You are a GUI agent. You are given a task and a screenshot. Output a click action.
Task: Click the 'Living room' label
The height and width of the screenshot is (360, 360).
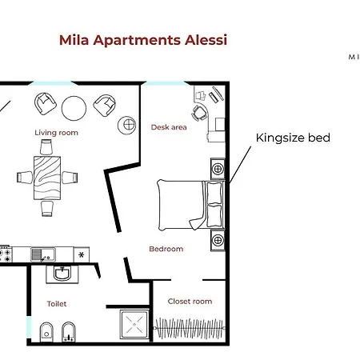pyautogui.click(x=56, y=133)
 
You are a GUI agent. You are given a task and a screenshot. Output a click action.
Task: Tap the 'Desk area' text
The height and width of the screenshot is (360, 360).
pyautogui.click(x=169, y=127)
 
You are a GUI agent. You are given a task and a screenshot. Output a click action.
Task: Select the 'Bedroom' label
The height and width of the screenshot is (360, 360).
pyautogui.click(x=166, y=249)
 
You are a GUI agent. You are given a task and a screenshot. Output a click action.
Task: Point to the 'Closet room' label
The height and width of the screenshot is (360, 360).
pyautogui.click(x=190, y=302)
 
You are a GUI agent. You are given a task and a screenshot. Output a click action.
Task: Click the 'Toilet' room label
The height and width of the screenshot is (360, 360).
pyautogui.click(x=57, y=304)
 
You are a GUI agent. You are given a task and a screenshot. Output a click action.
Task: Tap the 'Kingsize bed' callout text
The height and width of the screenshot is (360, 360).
pyautogui.click(x=293, y=138)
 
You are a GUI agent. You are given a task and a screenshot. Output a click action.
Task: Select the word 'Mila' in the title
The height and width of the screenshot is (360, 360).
pyautogui.click(x=75, y=40)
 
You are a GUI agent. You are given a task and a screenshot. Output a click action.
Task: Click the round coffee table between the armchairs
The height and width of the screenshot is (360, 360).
pyautogui.click(x=74, y=106)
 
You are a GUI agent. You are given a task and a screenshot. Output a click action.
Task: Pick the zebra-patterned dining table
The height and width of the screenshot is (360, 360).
pyautogui.click(x=46, y=177)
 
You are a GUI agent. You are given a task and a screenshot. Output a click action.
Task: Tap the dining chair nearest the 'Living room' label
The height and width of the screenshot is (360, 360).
pyautogui.click(x=46, y=147)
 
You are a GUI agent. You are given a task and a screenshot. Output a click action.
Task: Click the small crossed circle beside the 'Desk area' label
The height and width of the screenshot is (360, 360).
pyautogui.click(x=127, y=124)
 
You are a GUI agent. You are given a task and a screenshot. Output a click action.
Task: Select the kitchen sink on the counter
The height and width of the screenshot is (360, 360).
pyautogui.click(x=41, y=254)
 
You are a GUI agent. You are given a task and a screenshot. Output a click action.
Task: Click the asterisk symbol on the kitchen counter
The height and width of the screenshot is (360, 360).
pyautogui.click(x=81, y=254)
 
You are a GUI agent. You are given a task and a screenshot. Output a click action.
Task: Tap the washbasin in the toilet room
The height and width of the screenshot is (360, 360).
pyautogui.click(x=61, y=274)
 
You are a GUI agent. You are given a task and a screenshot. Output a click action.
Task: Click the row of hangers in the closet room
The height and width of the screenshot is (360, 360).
pyautogui.click(x=191, y=327)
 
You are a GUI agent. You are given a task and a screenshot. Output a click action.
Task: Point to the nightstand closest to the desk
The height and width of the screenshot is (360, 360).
pyautogui.click(x=217, y=169)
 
